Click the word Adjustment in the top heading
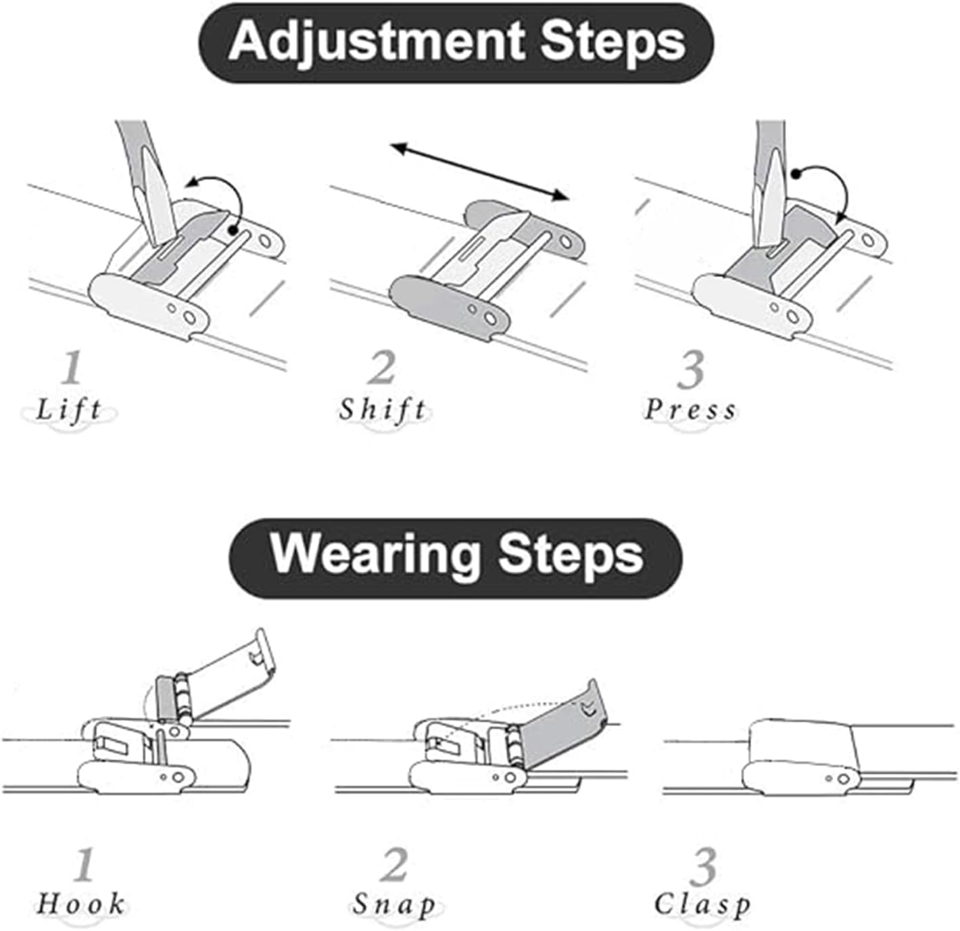point(376,43)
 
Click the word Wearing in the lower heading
point(375,555)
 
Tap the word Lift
point(68,410)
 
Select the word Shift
point(383,410)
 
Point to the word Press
point(690,410)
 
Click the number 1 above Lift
point(72,367)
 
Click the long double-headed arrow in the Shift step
point(480,172)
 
